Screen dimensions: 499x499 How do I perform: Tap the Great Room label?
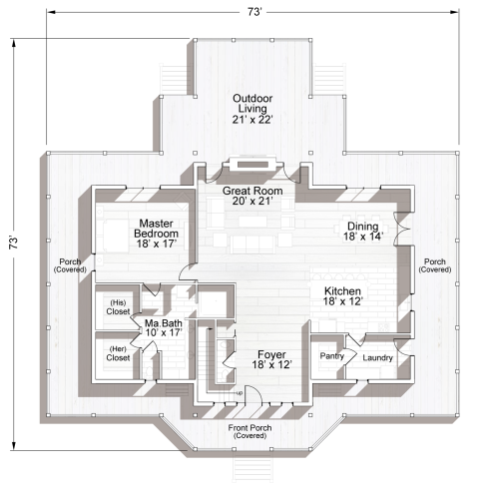click(253, 191)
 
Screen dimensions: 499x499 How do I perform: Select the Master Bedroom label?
click(158, 231)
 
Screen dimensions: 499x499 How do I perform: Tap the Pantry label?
click(331, 355)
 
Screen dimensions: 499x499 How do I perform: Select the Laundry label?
click(376, 358)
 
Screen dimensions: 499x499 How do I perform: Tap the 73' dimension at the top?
click(254, 13)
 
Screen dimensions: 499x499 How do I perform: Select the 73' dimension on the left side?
click(13, 243)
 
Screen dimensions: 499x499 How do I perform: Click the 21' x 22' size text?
click(253, 119)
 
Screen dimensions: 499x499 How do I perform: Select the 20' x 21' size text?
click(253, 202)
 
